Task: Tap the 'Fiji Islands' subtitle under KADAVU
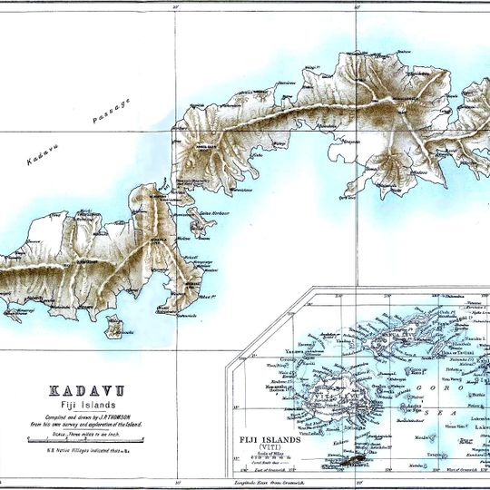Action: pos(81,402)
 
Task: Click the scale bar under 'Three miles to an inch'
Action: pos(80,440)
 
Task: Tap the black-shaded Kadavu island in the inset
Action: pos(350,463)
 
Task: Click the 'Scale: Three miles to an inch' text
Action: pos(80,432)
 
